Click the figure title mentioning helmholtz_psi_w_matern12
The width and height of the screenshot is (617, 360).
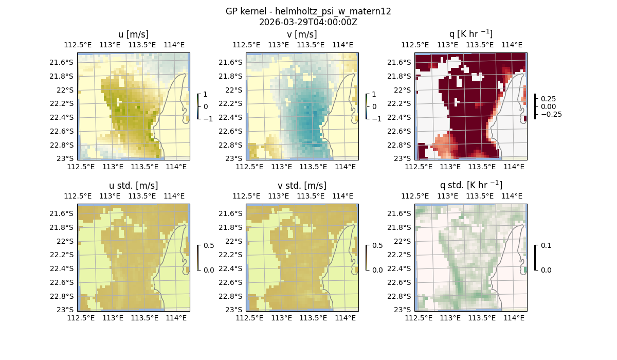click(x=308, y=11)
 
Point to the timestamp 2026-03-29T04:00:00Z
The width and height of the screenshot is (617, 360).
click(x=308, y=22)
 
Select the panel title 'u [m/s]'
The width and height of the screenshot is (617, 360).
click(x=133, y=34)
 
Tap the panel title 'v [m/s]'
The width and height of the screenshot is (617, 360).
click(x=302, y=34)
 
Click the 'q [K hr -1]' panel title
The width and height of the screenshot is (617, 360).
click(x=470, y=34)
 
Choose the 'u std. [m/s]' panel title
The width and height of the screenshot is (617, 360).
click(x=133, y=185)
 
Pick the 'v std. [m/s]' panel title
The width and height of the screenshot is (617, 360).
click(x=302, y=185)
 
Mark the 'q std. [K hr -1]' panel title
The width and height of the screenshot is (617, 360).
click(x=470, y=185)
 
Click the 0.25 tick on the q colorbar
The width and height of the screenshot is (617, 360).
click(x=548, y=98)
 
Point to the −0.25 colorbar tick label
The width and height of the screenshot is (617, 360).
click(x=551, y=114)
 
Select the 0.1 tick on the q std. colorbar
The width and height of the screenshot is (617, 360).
click(x=546, y=246)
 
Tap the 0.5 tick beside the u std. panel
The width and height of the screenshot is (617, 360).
click(x=209, y=246)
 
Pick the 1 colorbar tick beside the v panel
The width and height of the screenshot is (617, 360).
click(x=374, y=95)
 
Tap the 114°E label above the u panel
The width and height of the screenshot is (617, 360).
click(x=174, y=45)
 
